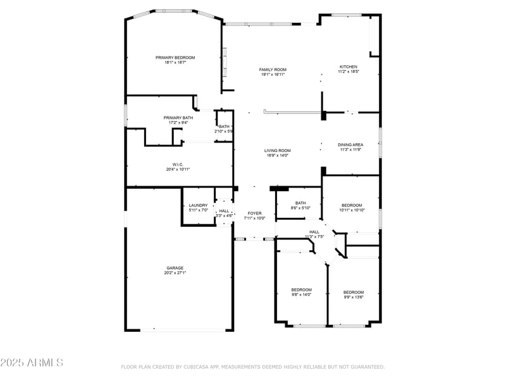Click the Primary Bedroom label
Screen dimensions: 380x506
[175, 58]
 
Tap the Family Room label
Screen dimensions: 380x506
[273, 70]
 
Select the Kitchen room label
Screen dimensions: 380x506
[349, 66]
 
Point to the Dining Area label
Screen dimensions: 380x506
[350, 145]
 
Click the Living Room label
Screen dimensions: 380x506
[277, 151]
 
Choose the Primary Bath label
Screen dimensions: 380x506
[178, 118]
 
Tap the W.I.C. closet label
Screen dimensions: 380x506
[178, 165]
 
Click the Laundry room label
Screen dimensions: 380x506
[198, 205]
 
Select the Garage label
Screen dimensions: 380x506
[175, 268]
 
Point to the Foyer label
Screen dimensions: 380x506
[254, 213]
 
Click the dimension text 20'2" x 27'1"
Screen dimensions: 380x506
[175, 272]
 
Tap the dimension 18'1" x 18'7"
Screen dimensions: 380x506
[175, 62]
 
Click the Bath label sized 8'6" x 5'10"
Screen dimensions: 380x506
[300, 203]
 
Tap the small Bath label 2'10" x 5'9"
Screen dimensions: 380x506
[224, 127]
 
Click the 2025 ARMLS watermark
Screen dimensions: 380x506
[32, 363]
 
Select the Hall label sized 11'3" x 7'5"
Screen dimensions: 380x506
[314, 232]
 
